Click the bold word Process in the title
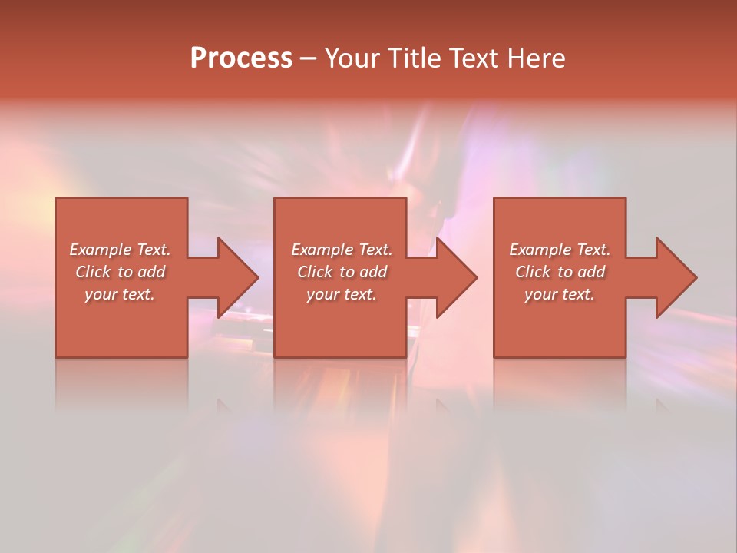point(241,58)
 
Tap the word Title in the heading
point(413,58)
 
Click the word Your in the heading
point(354,58)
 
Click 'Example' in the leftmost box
point(101,250)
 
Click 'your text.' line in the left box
point(120,294)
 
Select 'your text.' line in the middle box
point(341,294)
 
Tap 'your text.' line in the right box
point(559,294)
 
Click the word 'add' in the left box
point(152,272)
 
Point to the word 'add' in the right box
point(592,272)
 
